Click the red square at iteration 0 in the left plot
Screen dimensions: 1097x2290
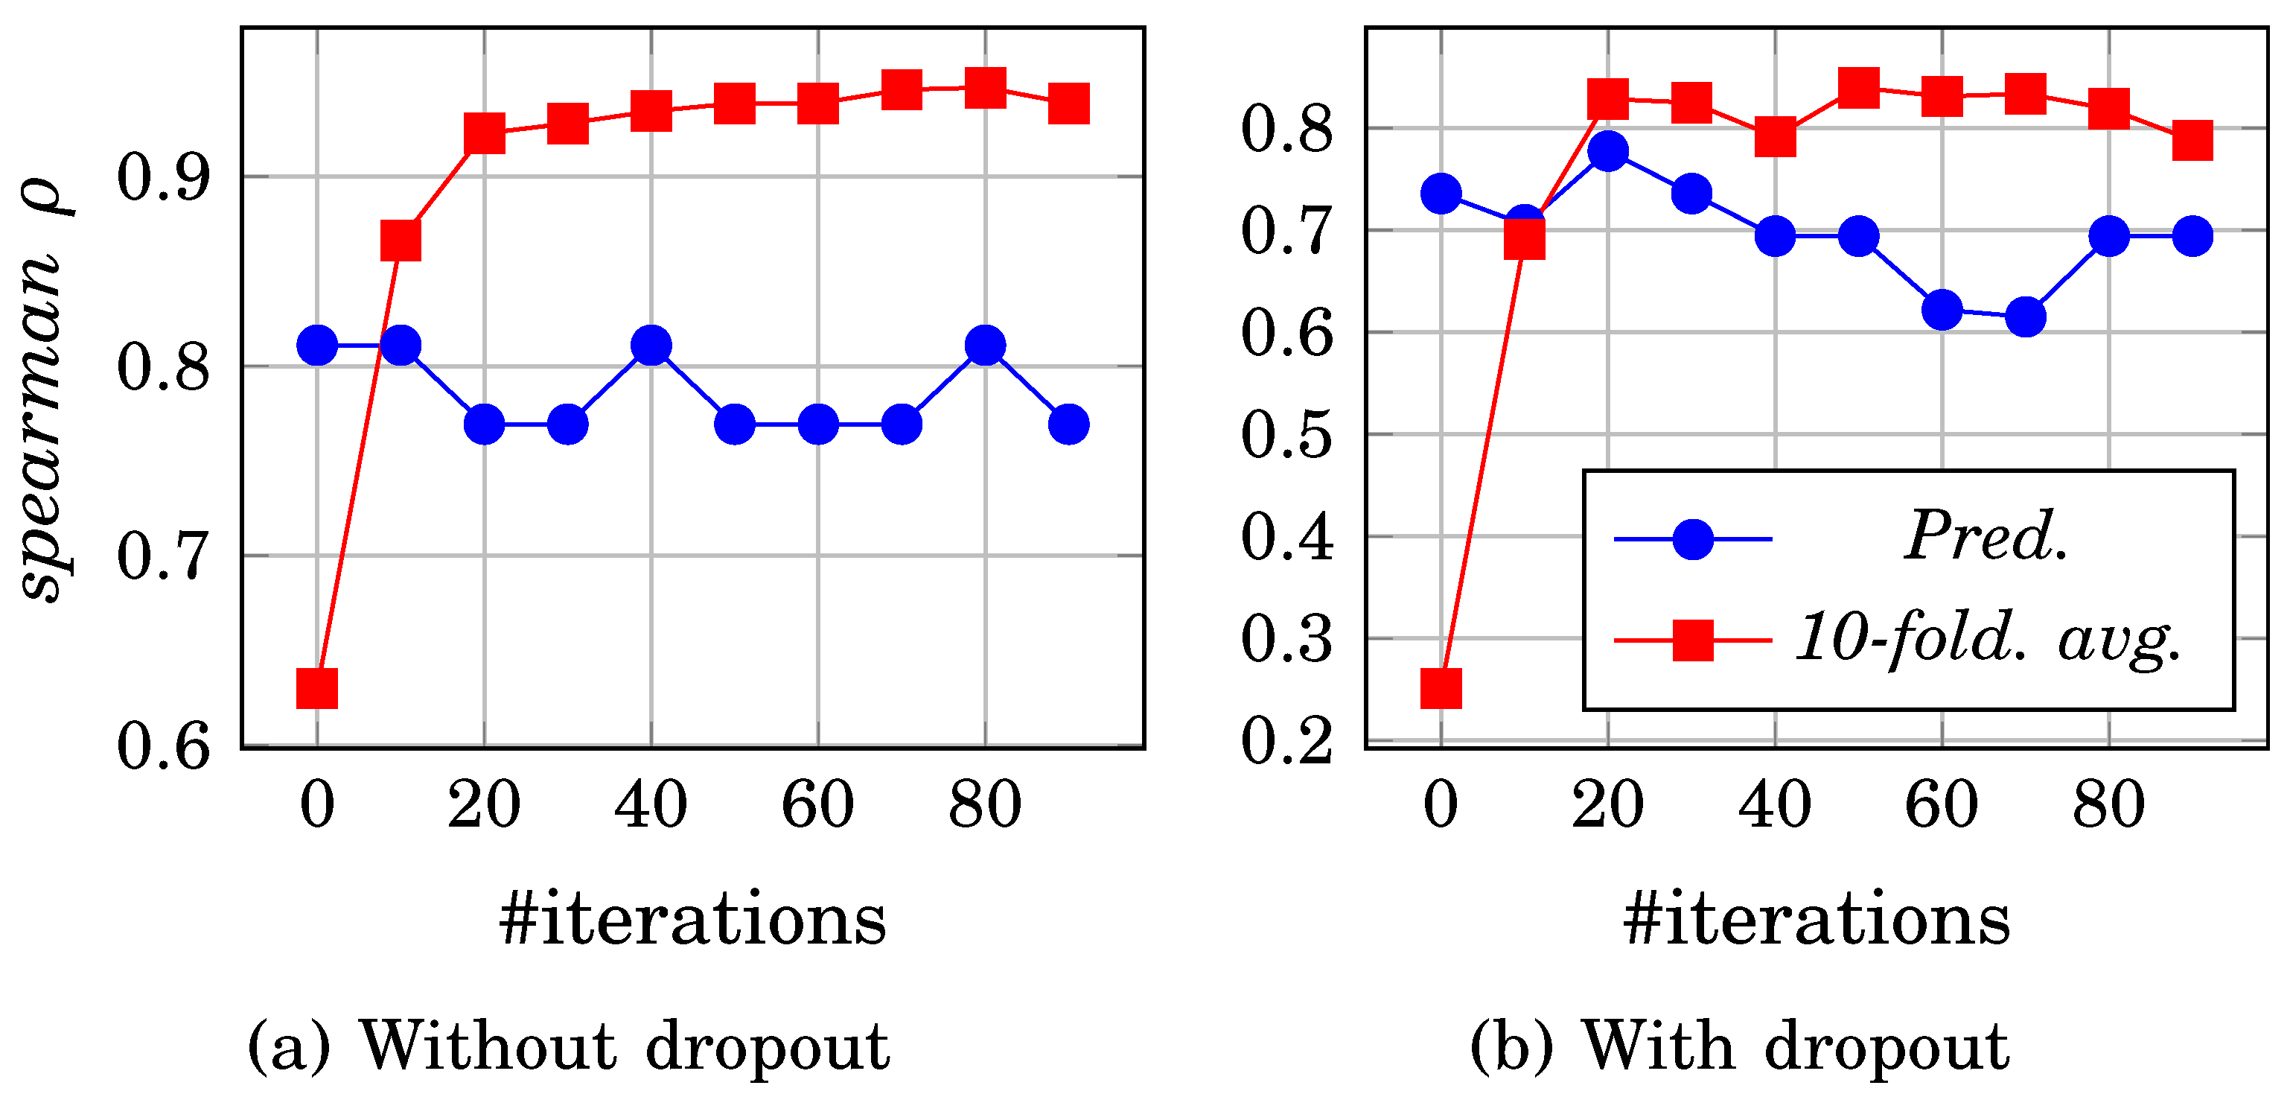(316, 687)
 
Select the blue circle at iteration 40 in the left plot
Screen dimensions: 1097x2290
(651, 345)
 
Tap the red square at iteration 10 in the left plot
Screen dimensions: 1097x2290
(400, 240)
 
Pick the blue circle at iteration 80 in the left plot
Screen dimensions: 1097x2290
(985, 345)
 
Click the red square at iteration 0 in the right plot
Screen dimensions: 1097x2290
(1441, 687)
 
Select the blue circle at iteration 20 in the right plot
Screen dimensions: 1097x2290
(1608, 151)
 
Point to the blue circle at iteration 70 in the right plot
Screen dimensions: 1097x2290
(2026, 317)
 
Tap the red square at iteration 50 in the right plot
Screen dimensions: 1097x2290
(1859, 87)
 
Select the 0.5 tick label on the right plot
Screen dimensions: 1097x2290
(1287, 436)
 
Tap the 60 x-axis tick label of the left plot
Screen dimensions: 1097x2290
(818, 804)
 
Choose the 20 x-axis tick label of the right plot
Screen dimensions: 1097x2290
(1608, 804)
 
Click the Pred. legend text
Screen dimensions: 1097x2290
(1986, 536)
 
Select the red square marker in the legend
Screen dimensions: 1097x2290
(1694, 639)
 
